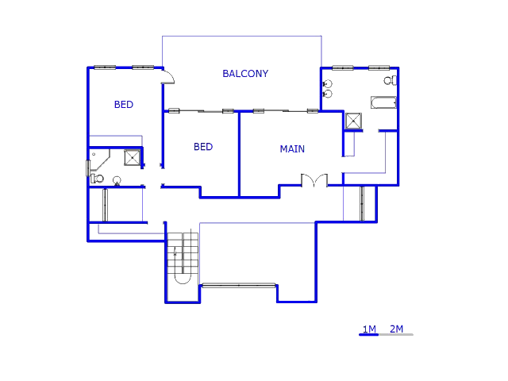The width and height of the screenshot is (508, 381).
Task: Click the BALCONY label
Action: point(245,74)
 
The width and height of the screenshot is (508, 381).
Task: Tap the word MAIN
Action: point(292,149)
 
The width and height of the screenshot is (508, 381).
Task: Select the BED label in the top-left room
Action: point(124,105)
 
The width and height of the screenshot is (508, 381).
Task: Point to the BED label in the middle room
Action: point(203,147)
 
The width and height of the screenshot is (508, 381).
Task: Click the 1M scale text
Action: point(369,329)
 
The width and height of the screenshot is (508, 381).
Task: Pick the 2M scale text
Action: point(396,329)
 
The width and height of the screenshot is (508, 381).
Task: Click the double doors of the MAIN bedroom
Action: point(314,181)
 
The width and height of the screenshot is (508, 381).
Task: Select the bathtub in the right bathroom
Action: point(383,102)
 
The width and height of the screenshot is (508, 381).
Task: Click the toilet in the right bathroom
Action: point(389,80)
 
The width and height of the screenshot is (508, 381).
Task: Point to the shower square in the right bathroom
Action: point(353,121)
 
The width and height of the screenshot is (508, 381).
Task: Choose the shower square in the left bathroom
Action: point(132,157)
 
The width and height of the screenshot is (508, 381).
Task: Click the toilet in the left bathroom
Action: point(96,179)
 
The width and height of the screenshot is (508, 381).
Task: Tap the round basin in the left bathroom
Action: point(117,179)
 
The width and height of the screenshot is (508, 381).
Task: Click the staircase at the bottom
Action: point(183,257)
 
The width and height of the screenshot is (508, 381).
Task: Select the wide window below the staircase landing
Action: point(238,285)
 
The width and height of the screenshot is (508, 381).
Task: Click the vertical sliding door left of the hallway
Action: point(105,205)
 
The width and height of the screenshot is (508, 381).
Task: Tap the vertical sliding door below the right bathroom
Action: point(362,203)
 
